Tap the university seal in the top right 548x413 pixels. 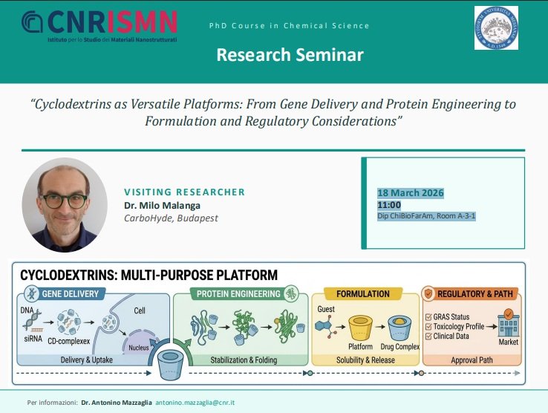pyautogui.click(x=496, y=27)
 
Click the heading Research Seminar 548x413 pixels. pyautogui.click(x=290, y=55)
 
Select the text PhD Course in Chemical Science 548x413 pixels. pyautogui.click(x=289, y=26)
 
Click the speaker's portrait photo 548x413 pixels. pyautogui.click(x=60, y=204)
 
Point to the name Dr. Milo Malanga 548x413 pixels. pyautogui.click(x=162, y=206)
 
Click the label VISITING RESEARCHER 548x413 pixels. pyautogui.click(x=184, y=192)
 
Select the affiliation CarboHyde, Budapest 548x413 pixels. pyautogui.click(x=171, y=218)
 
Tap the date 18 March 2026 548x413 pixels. pyautogui.click(x=411, y=193)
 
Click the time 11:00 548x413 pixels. pyautogui.click(x=389, y=205)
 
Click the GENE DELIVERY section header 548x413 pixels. pyautogui.click(x=70, y=294)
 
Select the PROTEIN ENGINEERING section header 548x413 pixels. pyautogui.click(x=238, y=294)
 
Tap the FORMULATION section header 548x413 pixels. pyautogui.click(x=363, y=294)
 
